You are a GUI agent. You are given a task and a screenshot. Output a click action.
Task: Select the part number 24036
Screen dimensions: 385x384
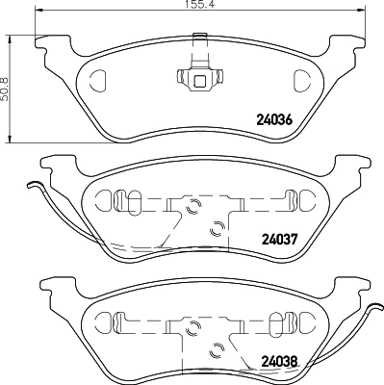[272, 121]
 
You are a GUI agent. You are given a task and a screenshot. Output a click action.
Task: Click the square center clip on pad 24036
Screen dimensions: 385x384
[200, 80]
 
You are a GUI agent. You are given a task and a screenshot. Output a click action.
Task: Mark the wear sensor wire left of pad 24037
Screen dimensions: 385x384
[38, 207]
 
